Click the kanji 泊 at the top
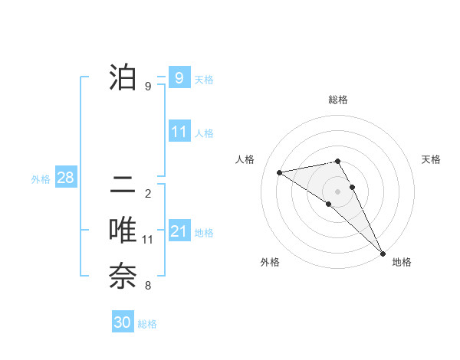[x=122, y=77]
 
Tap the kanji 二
[x=122, y=185]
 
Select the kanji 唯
[x=122, y=231]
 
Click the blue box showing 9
[x=179, y=77]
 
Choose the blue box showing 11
[x=179, y=132]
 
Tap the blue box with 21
[x=179, y=231]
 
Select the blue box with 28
[x=65, y=178]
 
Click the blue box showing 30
[x=122, y=322]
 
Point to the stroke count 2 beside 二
[x=148, y=194]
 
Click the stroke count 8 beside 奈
[x=148, y=286]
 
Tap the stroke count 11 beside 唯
[x=148, y=240]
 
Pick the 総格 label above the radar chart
[x=337, y=100]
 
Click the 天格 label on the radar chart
[x=431, y=159]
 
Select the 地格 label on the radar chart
[x=402, y=262]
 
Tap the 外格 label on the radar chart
[x=270, y=262]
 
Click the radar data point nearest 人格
[x=280, y=172]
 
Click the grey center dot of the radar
[x=337, y=191]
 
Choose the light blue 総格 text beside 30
[x=148, y=324]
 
